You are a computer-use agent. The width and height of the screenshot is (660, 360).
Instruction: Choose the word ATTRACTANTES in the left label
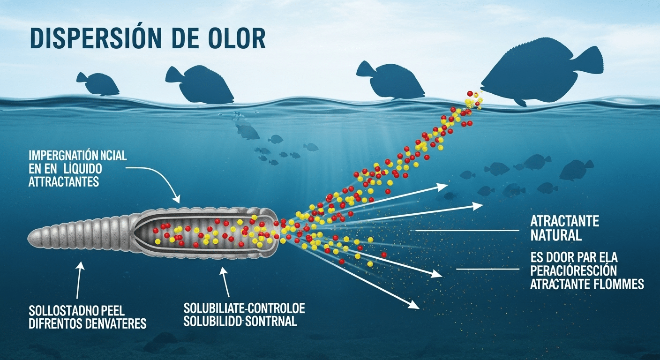(64, 182)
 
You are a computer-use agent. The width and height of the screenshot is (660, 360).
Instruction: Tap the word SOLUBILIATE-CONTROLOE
(244, 309)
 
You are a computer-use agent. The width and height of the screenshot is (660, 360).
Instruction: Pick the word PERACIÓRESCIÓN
(573, 271)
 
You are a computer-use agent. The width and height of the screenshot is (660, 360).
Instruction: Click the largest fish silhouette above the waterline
(539, 75)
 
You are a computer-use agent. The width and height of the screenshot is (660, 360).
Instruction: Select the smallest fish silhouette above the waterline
(97, 83)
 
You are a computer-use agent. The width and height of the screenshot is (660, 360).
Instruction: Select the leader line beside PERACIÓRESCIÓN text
(487, 269)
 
